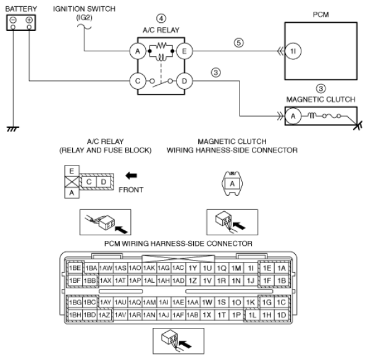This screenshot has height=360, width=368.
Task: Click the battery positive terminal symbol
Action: (x=29, y=20)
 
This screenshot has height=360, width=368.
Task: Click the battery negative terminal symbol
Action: (x=13, y=20)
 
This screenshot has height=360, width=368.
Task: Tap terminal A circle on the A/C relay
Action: (x=138, y=51)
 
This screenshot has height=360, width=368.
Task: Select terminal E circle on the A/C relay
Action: (x=185, y=51)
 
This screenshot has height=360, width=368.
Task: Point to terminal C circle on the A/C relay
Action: (x=138, y=81)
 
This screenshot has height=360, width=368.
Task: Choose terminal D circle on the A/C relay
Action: (x=185, y=81)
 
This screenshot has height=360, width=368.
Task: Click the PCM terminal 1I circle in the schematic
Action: (x=293, y=51)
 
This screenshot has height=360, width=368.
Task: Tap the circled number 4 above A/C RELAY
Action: (x=161, y=19)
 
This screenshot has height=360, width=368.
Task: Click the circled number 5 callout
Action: (x=238, y=43)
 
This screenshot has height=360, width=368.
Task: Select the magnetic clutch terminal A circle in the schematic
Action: (x=293, y=116)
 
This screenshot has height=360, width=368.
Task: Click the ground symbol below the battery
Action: (x=13, y=129)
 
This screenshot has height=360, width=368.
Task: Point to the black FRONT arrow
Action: (x=131, y=175)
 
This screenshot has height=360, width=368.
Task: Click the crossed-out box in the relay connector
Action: (x=72, y=182)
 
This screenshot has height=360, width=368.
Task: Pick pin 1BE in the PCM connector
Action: (x=75, y=268)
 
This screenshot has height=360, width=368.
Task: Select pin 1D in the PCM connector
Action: (x=282, y=315)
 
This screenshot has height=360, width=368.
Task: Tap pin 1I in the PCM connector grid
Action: (x=251, y=268)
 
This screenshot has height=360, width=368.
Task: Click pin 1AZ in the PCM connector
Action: (x=105, y=315)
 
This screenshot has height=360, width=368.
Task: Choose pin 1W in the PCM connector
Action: (x=207, y=303)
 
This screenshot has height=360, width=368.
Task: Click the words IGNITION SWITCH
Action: (x=84, y=9)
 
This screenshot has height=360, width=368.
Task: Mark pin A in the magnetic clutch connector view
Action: (x=232, y=183)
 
